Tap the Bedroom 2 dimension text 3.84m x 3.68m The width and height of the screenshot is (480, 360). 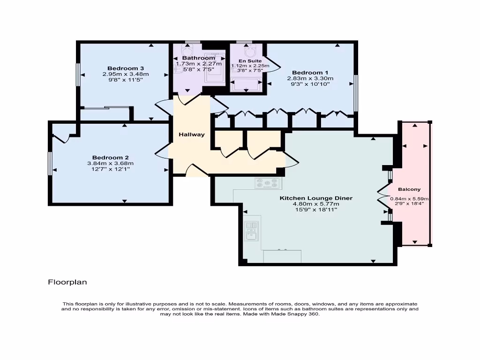(x=111, y=163)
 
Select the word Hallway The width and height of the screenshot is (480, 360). (x=192, y=135)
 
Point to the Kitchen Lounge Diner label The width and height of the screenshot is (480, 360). (x=316, y=198)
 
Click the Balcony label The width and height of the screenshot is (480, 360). (x=409, y=189)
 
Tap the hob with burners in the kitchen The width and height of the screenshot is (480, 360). (x=267, y=183)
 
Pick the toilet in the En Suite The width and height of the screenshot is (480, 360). (x=249, y=51)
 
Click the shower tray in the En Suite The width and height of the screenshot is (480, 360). (x=247, y=85)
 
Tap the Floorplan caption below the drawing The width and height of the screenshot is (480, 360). (x=67, y=282)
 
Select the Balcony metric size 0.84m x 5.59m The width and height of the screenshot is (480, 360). (x=409, y=199)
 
